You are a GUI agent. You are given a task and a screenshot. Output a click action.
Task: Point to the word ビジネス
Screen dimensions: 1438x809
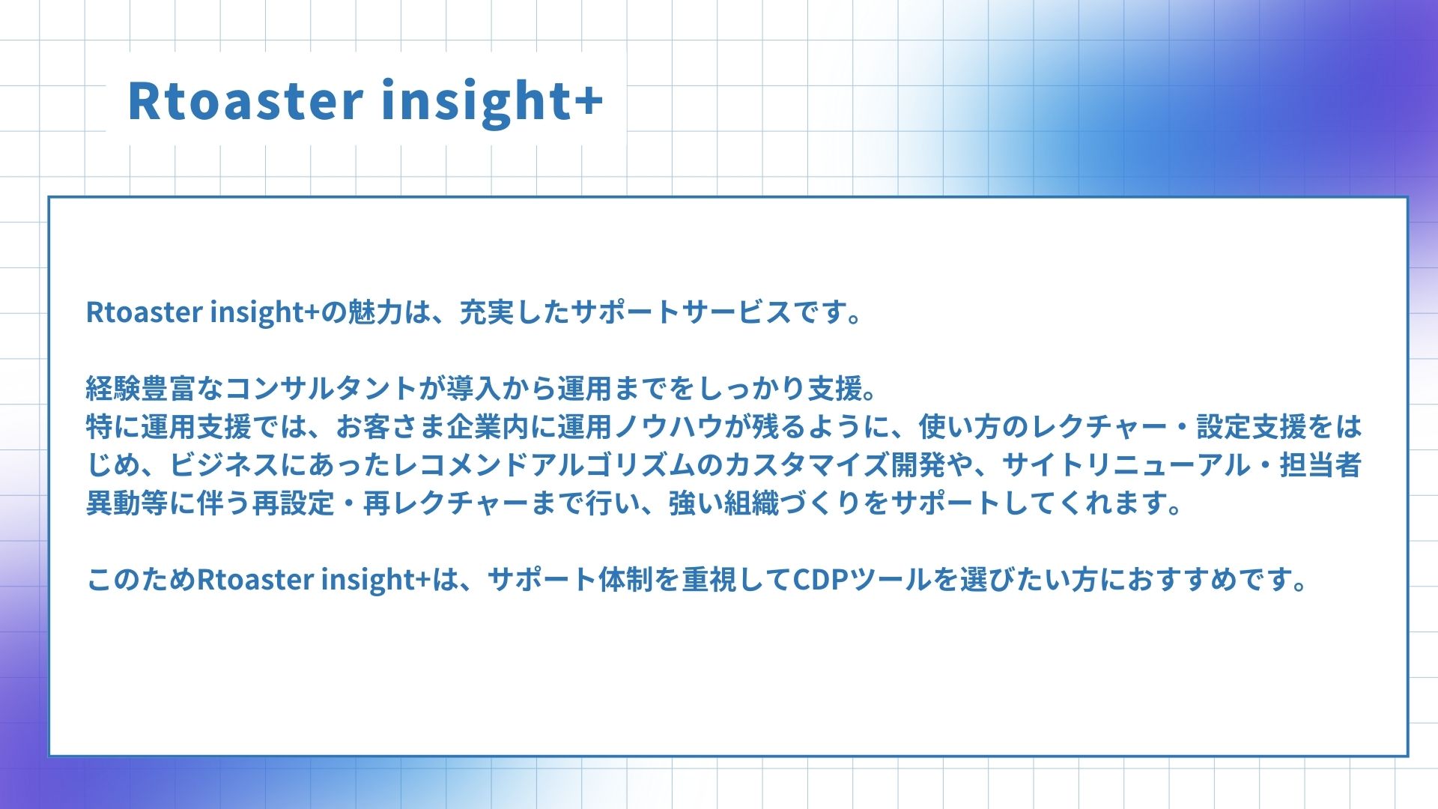click(x=225, y=465)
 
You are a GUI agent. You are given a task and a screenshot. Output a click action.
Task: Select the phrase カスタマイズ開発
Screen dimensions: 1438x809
click(x=834, y=465)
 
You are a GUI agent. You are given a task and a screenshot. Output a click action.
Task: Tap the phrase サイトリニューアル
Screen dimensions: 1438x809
click(x=1126, y=465)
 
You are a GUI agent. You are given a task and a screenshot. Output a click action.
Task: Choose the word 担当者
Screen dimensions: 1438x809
click(x=1320, y=465)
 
